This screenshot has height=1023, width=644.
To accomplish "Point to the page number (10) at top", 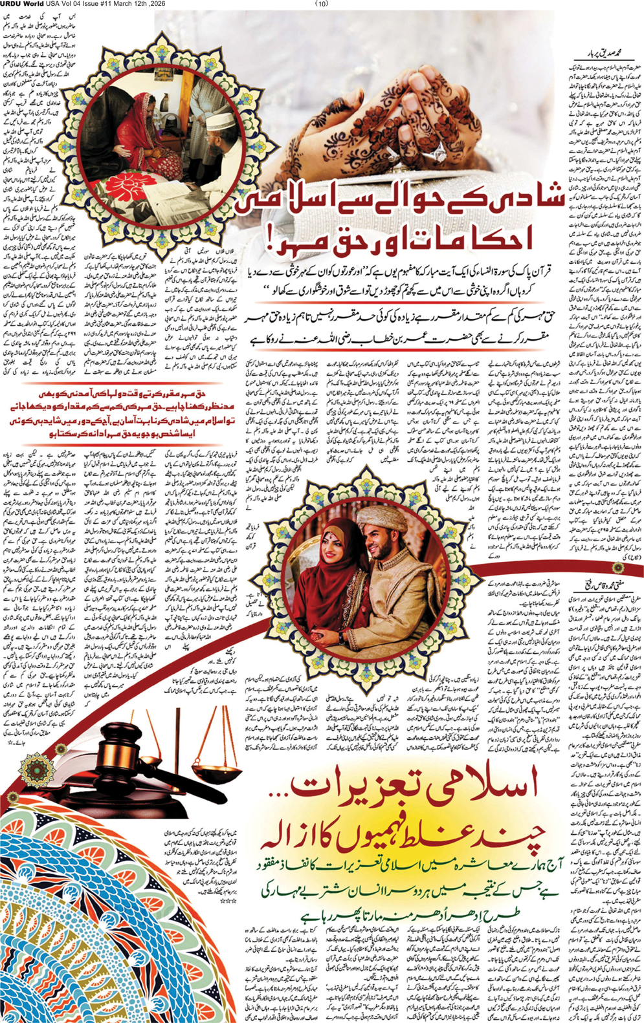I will [x=322, y=4].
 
